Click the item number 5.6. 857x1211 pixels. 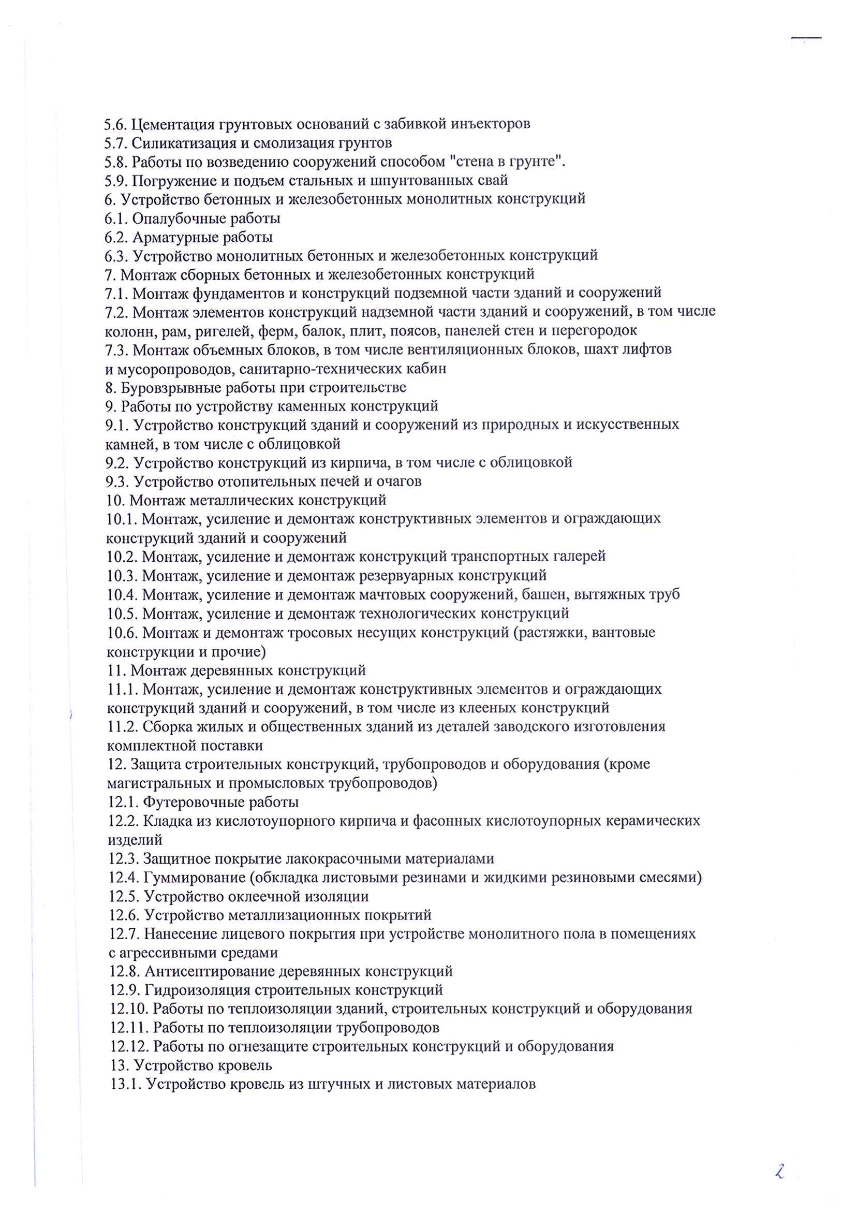pos(115,125)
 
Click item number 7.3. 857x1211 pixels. pos(116,350)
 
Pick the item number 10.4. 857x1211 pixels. pos(122,595)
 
